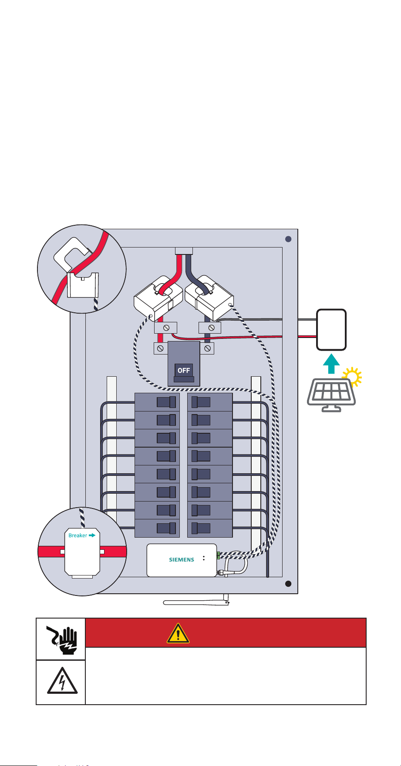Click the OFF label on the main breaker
pos(184,370)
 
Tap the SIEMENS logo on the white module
pos(182,560)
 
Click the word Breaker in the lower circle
pos(78,535)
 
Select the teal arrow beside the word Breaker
pos(92,535)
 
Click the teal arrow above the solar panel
pos(332,363)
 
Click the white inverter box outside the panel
pos(331,329)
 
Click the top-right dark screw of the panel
pos(288,239)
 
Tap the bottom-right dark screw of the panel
pos(288,584)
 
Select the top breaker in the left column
pos(157,402)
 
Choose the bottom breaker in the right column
pos(210,528)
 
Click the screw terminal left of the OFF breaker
pos(161,348)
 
